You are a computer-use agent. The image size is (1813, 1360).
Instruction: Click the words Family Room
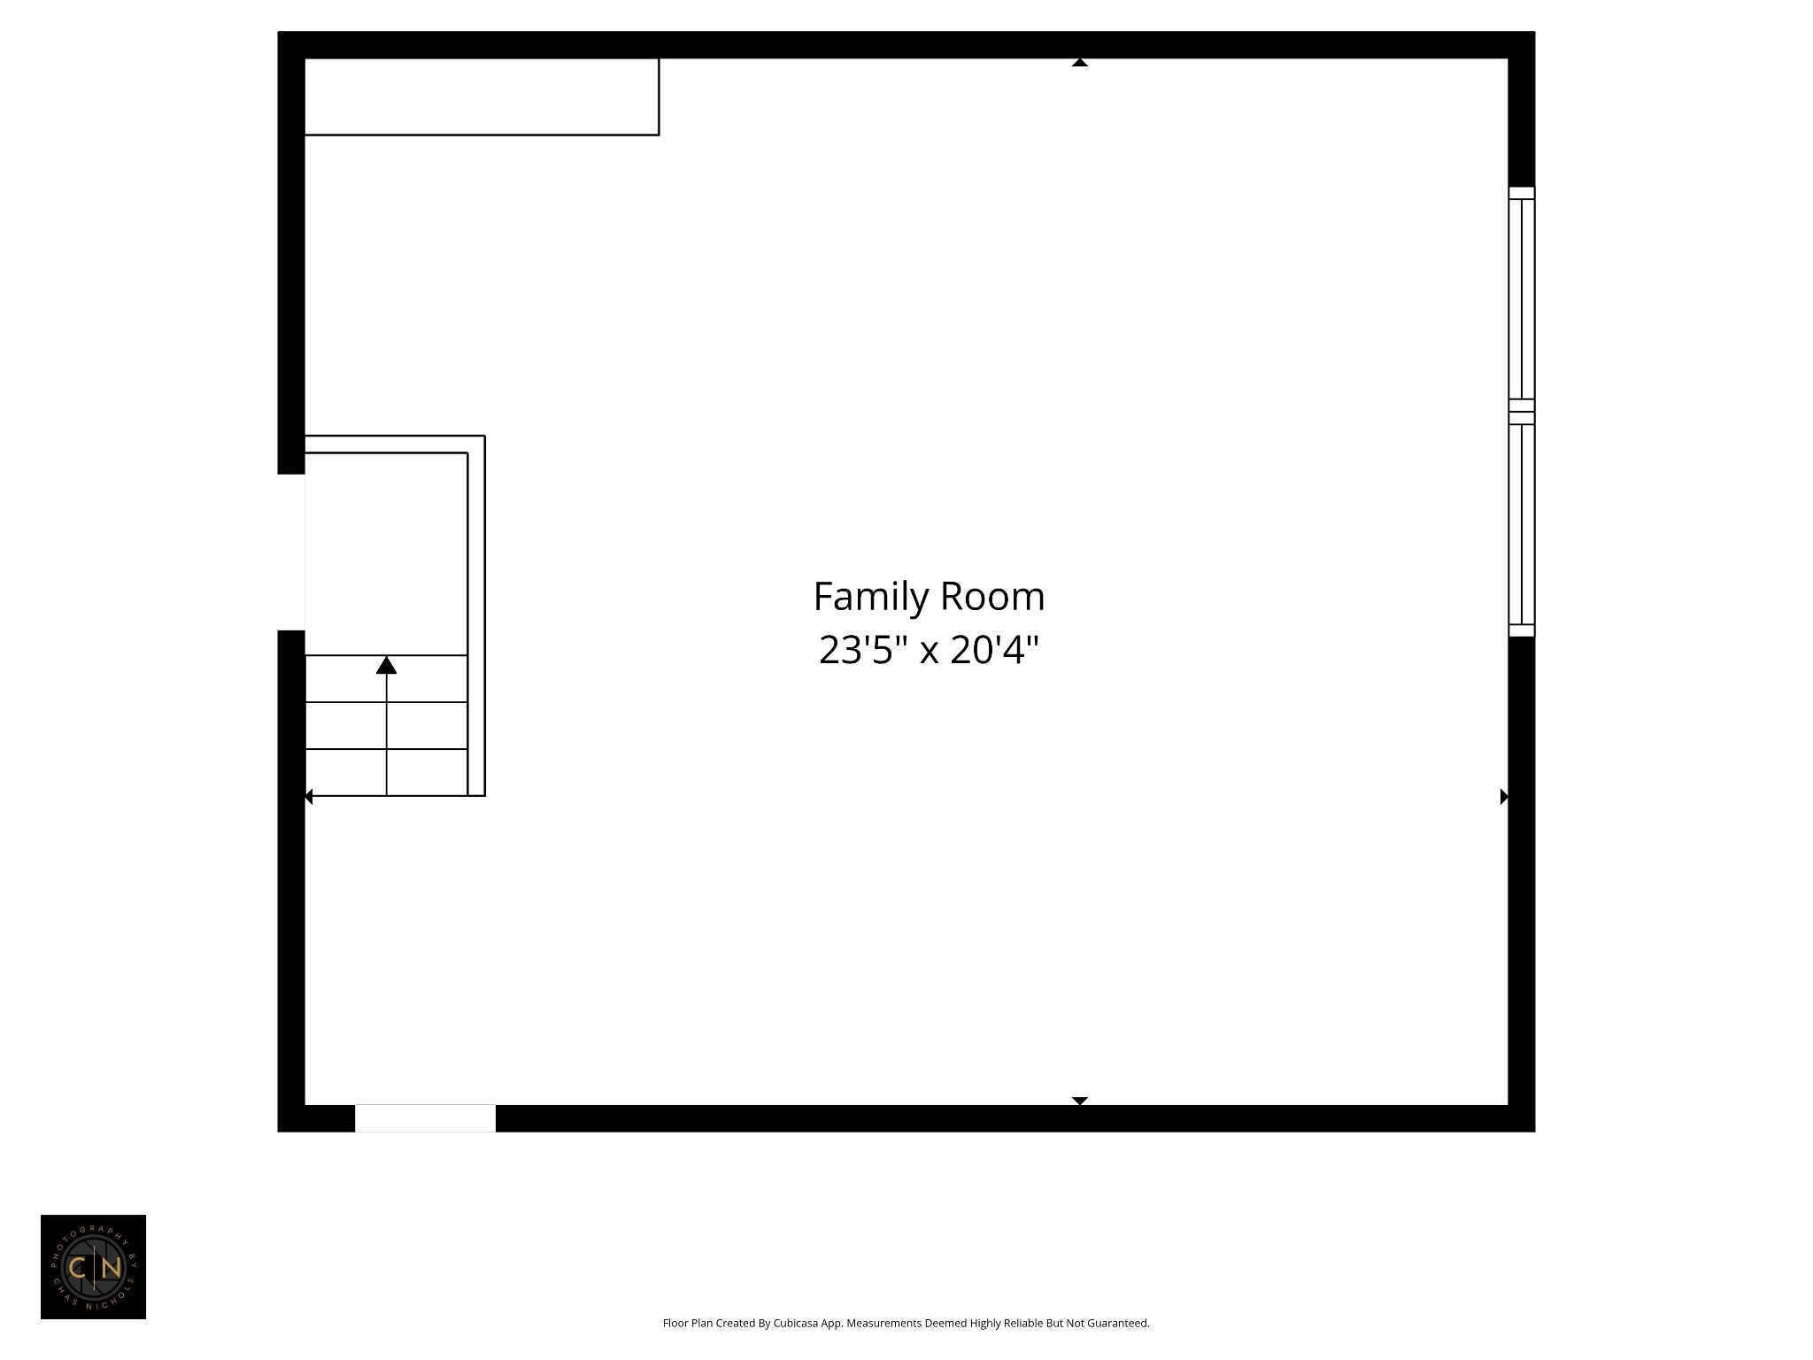(929, 597)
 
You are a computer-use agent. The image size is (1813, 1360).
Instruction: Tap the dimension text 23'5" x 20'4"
(928, 650)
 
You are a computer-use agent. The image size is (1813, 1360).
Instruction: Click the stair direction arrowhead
(386, 665)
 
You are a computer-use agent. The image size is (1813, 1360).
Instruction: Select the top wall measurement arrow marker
(1079, 63)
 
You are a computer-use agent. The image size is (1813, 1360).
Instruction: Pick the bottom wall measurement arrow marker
(1079, 1101)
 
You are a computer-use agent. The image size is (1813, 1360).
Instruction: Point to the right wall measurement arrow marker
(1503, 796)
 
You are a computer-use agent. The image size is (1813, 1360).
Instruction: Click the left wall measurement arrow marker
(309, 797)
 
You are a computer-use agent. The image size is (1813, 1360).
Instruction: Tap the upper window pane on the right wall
(1521, 298)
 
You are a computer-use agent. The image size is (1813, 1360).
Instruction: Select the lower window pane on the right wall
(1521, 524)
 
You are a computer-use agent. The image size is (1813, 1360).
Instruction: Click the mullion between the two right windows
(1521, 412)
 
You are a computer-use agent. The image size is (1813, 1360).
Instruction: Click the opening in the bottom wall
(425, 1118)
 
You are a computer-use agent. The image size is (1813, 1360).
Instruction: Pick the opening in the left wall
(291, 552)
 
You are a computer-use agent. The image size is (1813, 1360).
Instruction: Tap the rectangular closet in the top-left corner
(481, 97)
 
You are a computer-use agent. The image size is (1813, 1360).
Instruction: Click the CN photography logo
(93, 1267)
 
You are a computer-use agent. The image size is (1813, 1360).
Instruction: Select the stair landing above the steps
(386, 553)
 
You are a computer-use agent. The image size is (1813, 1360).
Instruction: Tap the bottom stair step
(386, 772)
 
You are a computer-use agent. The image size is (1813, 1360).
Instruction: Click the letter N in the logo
(111, 1268)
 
